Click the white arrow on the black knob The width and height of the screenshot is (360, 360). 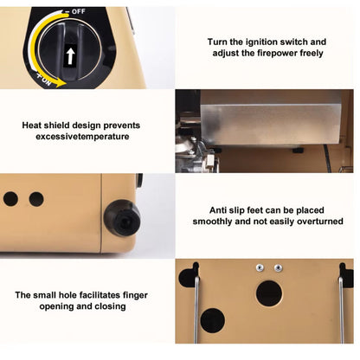pos(70,56)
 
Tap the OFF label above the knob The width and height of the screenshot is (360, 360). pos(78,11)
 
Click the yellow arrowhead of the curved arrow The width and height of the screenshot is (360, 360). pos(61,83)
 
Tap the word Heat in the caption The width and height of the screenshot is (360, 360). pos(31,125)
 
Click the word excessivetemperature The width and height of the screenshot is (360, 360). pos(82,137)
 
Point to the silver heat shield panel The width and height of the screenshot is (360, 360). pos(271,124)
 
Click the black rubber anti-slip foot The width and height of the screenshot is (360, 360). pos(122,218)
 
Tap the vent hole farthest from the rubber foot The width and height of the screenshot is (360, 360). pos(10,199)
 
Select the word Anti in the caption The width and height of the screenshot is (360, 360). pos(218,210)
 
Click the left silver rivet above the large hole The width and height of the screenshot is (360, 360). pos(260,268)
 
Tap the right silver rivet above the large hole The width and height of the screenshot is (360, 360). pos(278,268)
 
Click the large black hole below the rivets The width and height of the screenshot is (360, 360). pos(269,293)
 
